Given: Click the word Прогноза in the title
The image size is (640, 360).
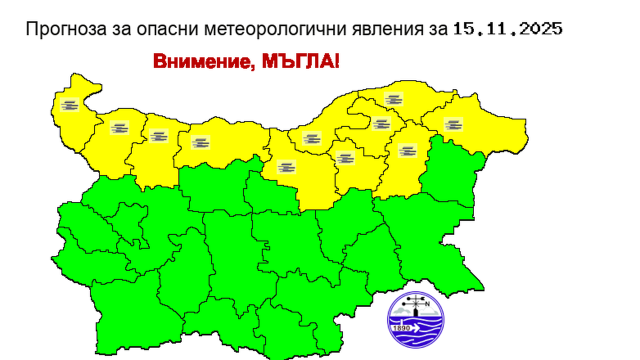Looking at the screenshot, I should [x=65, y=29].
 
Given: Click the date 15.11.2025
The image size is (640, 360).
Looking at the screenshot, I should [x=508, y=29].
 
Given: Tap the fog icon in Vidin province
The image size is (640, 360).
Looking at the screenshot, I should [x=70, y=105].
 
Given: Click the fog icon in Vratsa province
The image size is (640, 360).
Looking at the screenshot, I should [x=158, y=135].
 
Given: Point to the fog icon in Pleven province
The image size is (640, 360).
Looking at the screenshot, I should [x=200, y=142].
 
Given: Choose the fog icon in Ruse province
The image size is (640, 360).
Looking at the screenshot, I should [x=311, y=138].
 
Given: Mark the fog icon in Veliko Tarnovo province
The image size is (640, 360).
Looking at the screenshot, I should [x=286, y=167].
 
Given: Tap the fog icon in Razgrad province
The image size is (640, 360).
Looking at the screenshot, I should [x=380, y=123].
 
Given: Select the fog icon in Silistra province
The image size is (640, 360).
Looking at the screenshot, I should [x=393, y=99].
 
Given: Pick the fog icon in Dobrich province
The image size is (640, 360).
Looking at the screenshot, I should [x=453, y=124].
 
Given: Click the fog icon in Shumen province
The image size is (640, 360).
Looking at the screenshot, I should [x=407, y=150].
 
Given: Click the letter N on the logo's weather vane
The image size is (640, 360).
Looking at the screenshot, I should [x=427, y=303].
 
